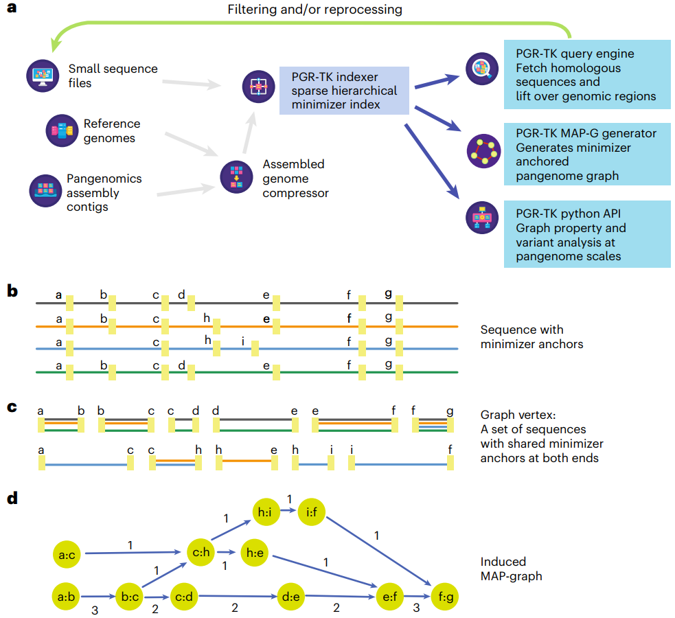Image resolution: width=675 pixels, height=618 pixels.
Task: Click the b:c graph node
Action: pos(130,597)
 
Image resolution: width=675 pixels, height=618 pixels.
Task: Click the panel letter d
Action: pos(12,498)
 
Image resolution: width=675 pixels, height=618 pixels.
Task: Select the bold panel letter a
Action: pos(12,12)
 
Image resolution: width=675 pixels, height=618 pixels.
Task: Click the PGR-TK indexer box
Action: pos(344,90)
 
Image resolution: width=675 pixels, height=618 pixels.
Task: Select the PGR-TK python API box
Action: pos(585,233)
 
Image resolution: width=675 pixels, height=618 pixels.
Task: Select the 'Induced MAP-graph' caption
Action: pos(511,569)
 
